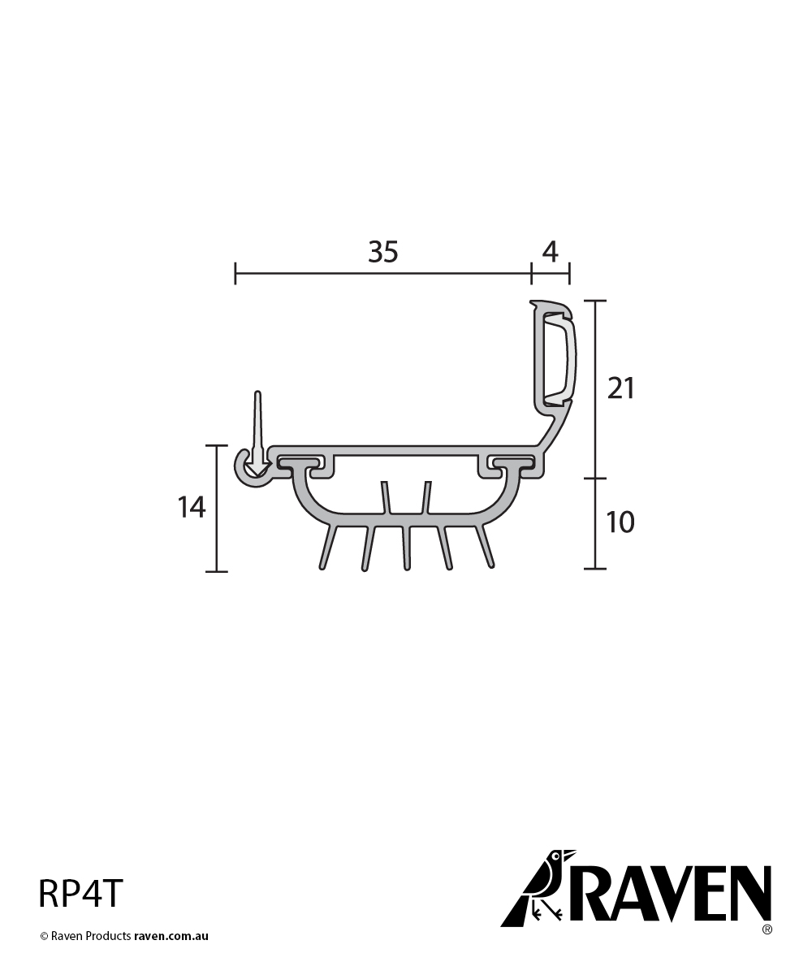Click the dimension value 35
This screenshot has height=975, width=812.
(x=383, y=253)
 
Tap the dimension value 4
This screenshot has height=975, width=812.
(x=550, y=253)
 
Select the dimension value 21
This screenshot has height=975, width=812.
(x=621, y=389)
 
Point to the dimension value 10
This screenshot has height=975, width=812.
(x=621, y=522)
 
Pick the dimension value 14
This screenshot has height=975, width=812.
(x=192, y=508)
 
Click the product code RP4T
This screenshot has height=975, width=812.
(x=81, y=894)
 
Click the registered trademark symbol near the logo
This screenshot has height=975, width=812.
(x=767, y=928)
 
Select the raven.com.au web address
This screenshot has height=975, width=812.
(x=171, y=936)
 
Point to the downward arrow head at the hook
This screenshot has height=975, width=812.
(x=257, y=469)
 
